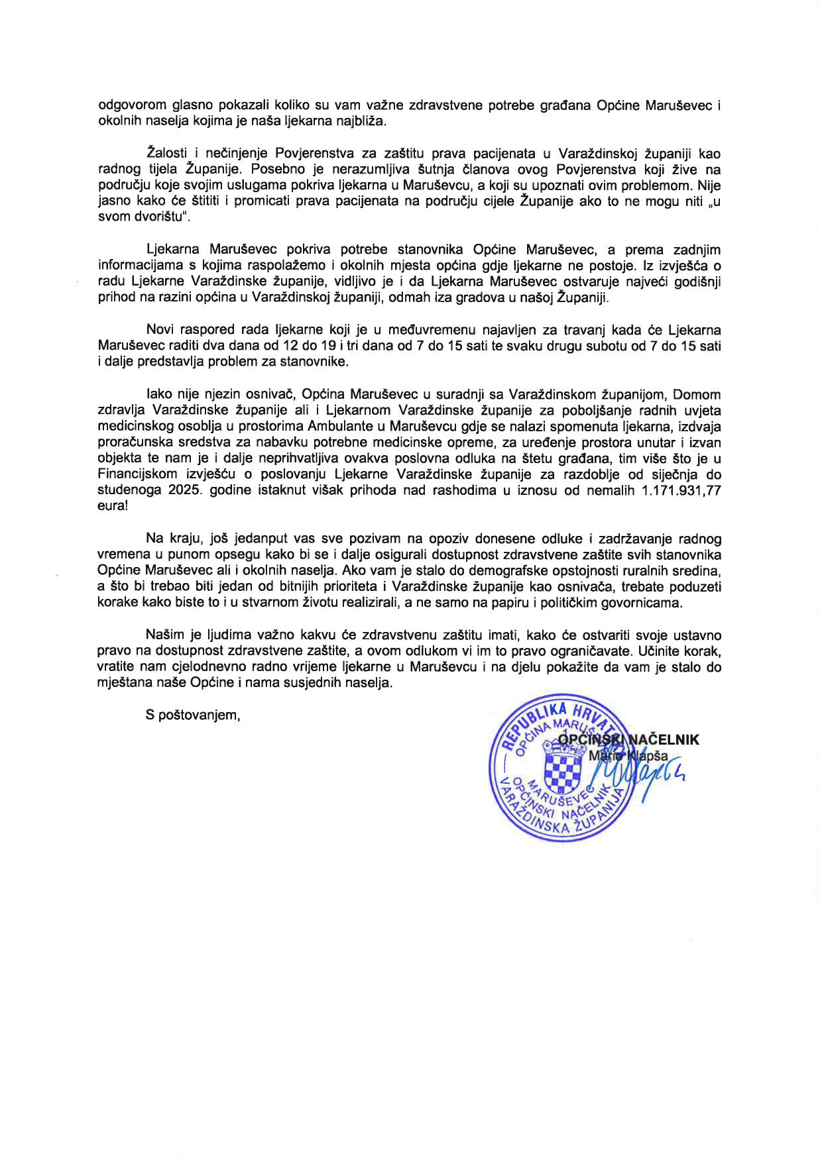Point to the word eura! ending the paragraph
(112, 505)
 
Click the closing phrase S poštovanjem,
(193, 715)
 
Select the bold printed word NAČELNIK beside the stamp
(664, 739)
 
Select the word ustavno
(698, 635)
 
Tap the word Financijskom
(137, 474)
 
